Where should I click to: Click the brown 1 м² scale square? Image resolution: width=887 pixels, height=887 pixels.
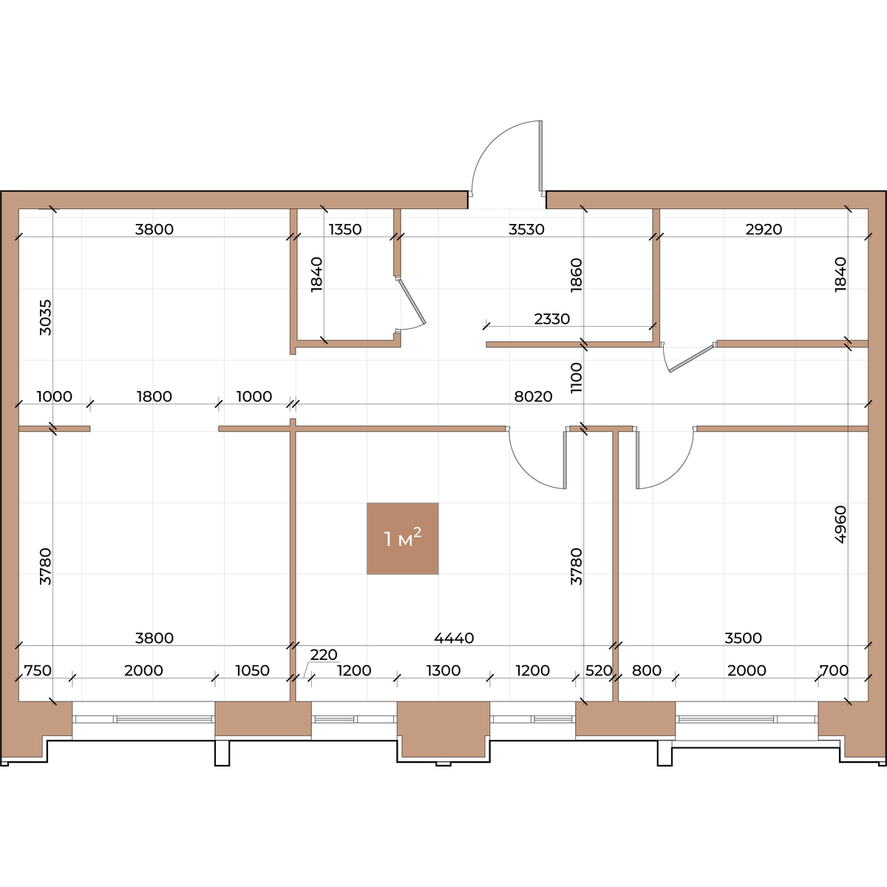[402, 539]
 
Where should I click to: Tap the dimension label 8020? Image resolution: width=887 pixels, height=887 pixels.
[533, 396]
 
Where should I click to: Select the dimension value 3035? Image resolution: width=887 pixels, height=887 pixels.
[46, 318]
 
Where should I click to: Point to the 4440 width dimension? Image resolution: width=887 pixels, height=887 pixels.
[454, 638]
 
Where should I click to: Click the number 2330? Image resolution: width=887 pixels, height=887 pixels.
[552, 319]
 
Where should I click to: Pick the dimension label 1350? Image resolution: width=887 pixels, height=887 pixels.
[345, 229]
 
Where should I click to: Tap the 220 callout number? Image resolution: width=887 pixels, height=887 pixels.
[324, 655]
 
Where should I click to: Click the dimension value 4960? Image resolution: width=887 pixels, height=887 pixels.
[840, 525]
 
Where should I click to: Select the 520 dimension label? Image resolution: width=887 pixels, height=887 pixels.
[599, 670]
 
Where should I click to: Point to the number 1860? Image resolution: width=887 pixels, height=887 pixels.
[577, 275]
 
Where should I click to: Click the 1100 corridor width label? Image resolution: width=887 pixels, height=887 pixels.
[577, 378]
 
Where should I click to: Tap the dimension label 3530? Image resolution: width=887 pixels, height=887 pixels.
[526, 229]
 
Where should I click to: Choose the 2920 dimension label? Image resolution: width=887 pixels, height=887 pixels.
[764, 229]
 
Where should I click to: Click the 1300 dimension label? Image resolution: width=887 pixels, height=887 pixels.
[443, 670]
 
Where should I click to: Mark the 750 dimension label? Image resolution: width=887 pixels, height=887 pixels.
[38, 670]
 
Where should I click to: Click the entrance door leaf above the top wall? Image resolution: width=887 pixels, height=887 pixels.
[541, 155]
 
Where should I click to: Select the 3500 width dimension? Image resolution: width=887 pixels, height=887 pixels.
[743, 638]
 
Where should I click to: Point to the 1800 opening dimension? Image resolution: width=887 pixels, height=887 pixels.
[154, 396]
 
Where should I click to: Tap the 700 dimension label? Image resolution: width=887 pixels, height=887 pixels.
[834, 670]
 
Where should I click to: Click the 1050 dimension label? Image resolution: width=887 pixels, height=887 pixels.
[252, 670]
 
